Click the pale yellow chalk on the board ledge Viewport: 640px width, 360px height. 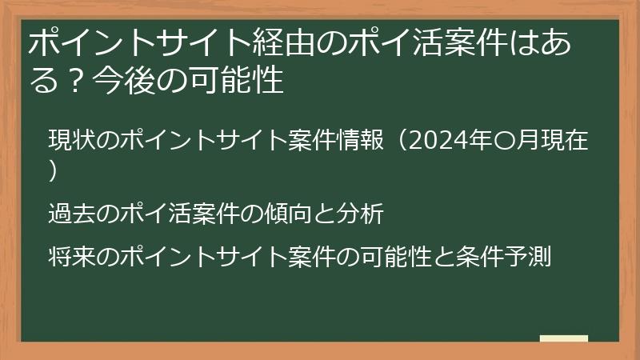point(564,339)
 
